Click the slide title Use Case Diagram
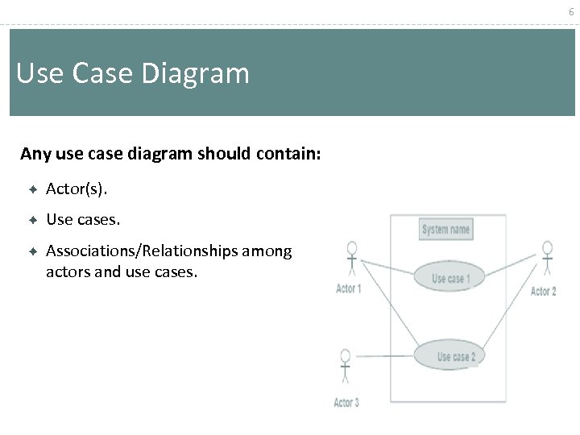click(133, 74)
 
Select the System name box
click(445, 230)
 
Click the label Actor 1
click(348, 289)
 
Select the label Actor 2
click(543, 292)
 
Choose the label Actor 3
click(346, 403)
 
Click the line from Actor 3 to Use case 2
click(385, 356)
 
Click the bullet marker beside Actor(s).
click(33, 189)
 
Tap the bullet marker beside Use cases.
click(33, 219)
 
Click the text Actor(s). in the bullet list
click(77, 189)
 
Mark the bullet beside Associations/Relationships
click(33, 251)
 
